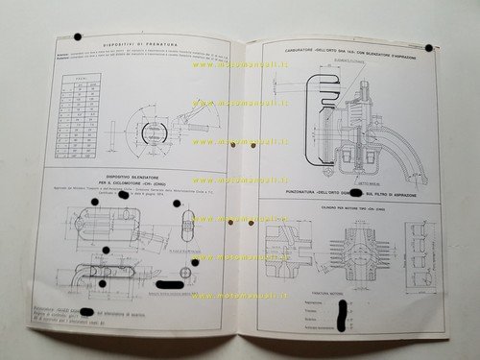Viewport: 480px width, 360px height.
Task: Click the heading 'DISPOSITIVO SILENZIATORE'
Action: pos(135,180)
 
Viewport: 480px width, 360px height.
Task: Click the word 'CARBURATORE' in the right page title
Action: pos(306,47)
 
